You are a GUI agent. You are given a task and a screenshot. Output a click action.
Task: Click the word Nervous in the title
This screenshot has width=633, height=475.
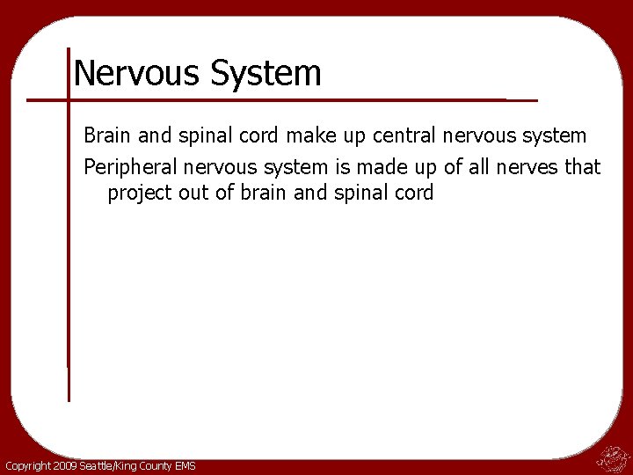(136, 73)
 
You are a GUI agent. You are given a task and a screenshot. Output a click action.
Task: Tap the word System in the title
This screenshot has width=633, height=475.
(265, 73)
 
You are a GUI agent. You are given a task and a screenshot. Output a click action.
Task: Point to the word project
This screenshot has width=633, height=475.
(138, 194)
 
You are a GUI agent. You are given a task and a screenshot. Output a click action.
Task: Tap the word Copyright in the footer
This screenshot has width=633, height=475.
(26, 465)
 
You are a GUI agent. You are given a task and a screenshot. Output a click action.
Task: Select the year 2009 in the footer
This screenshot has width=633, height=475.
(64, 465)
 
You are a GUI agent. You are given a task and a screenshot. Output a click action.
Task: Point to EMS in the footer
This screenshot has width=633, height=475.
(185, 465)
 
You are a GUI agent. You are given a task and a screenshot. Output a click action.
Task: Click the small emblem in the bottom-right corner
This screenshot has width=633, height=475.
(613, 457)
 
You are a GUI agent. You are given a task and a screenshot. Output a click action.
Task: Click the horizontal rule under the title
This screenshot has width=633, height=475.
(281, 99)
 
